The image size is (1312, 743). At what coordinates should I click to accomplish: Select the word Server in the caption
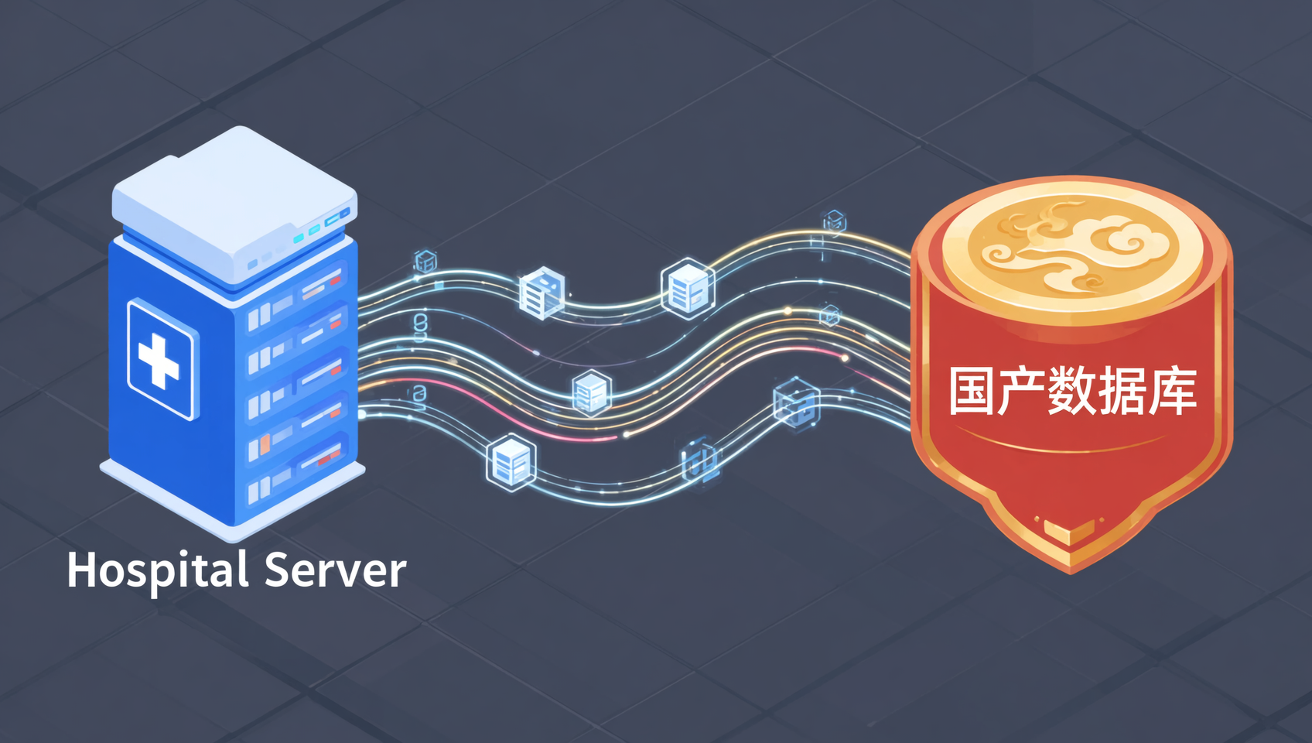[336, 570]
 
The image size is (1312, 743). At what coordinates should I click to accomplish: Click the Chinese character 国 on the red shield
[972, 391]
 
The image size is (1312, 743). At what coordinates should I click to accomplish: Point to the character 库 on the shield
[1172, 391]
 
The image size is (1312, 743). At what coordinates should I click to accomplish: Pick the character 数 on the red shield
[1072, 391]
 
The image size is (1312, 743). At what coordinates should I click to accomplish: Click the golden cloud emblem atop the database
[1072, 247]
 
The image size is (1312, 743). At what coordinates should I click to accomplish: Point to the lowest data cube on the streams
[511, 462]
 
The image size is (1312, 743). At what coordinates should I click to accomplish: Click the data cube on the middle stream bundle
[592, 392]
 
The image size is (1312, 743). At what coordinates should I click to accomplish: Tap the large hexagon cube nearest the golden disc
[688, 288]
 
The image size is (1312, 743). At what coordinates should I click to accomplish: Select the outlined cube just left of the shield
[797, 404]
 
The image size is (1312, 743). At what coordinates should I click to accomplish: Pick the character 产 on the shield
[1022, 391]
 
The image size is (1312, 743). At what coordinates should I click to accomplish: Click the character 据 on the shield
[1122, 391]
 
